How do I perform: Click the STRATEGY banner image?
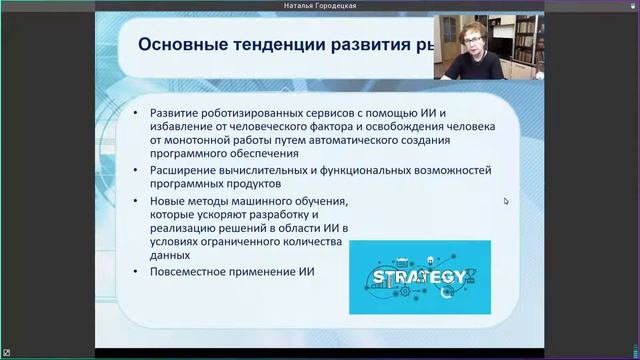421,276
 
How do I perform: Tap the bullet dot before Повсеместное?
137,272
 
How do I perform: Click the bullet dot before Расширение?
137,171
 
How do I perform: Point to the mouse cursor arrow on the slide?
506,201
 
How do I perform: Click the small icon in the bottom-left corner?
6,354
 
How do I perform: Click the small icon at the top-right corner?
633,6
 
